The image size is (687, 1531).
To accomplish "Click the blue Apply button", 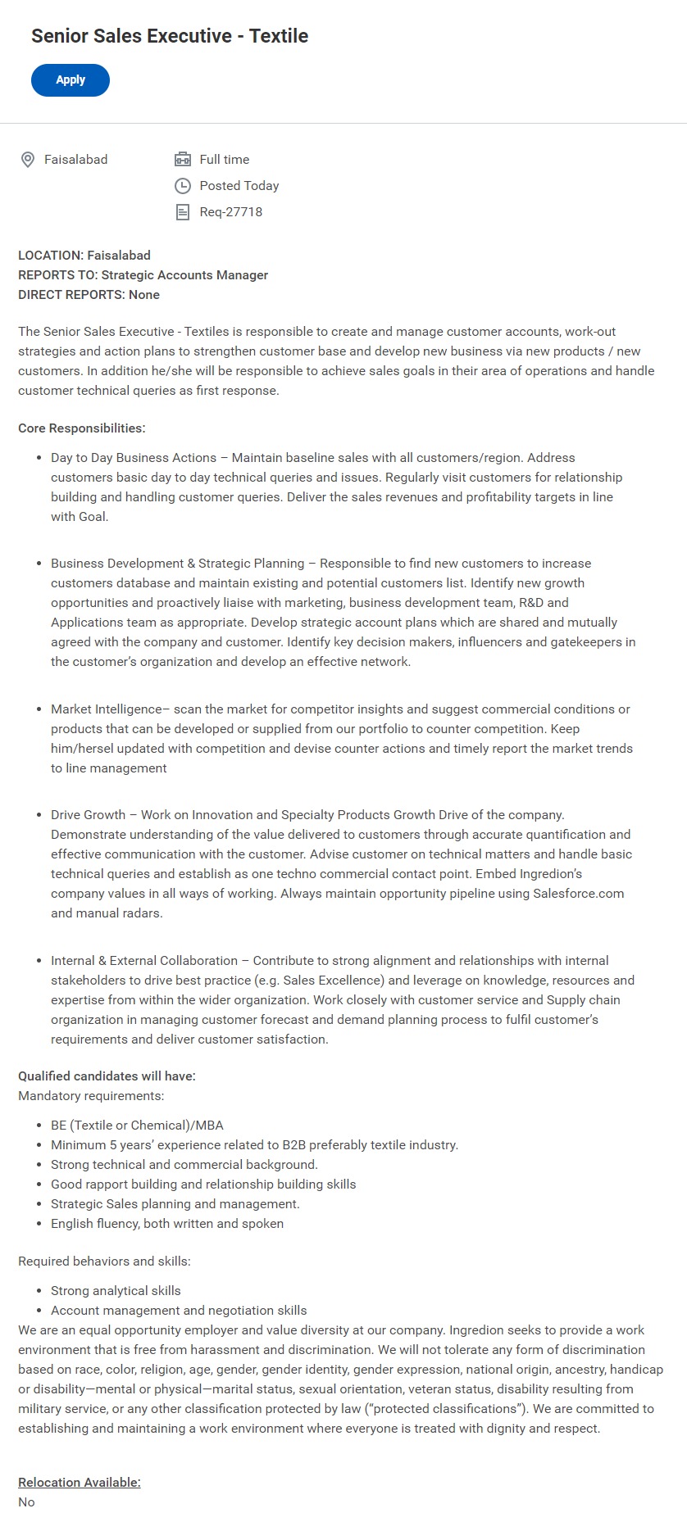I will coord(71,80).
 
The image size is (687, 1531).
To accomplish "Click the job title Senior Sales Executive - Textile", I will coord(170,36).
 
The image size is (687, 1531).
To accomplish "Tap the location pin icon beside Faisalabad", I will coord(28,160).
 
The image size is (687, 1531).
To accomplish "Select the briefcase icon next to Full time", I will coord(183,160).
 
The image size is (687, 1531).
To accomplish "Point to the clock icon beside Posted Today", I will coord(183,186).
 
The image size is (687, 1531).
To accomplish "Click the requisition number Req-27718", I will coord(231,212).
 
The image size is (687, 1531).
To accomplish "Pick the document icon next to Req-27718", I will coord(183,212).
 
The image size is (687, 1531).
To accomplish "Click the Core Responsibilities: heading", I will coord(82,428).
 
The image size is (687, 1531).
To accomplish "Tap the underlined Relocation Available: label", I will coord(80,1482).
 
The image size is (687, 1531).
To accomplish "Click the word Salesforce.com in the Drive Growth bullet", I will coord(578,894).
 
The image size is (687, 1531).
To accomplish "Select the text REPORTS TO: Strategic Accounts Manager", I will coord(143,275).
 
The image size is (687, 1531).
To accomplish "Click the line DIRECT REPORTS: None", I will coord(89,295).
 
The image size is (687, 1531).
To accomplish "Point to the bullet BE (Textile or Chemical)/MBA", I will coord(137,1126).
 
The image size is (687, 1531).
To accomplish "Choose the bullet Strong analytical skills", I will coord(116,1291).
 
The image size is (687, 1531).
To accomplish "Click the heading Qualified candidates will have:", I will coord(107,1076).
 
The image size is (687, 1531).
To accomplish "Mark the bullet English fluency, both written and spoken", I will coord(167,1224).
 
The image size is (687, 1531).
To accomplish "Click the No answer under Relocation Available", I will coord(27,1502).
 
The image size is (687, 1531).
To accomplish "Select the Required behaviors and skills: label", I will coord(104,1261).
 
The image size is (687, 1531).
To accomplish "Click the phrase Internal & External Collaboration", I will coord(144,961).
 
